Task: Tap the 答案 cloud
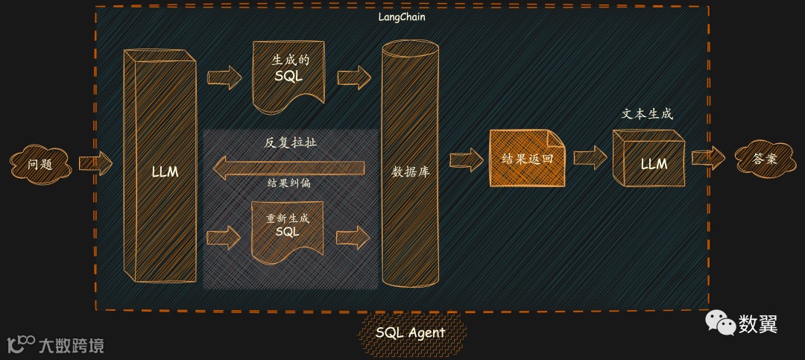pos(764,159)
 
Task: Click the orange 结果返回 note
pos(527,159)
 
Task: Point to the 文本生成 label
pos(647,114)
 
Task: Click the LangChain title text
pos(402,16)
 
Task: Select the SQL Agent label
pos(411,332)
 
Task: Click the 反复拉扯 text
pos(290,142)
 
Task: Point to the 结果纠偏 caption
pos(289,183)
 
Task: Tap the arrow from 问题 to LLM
pos(95,162)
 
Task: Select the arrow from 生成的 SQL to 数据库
pos(354,77)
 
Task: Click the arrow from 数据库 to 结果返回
pos(467,159)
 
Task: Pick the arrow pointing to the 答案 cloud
pos(708,158)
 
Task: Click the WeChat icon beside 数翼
pos(720,322)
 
